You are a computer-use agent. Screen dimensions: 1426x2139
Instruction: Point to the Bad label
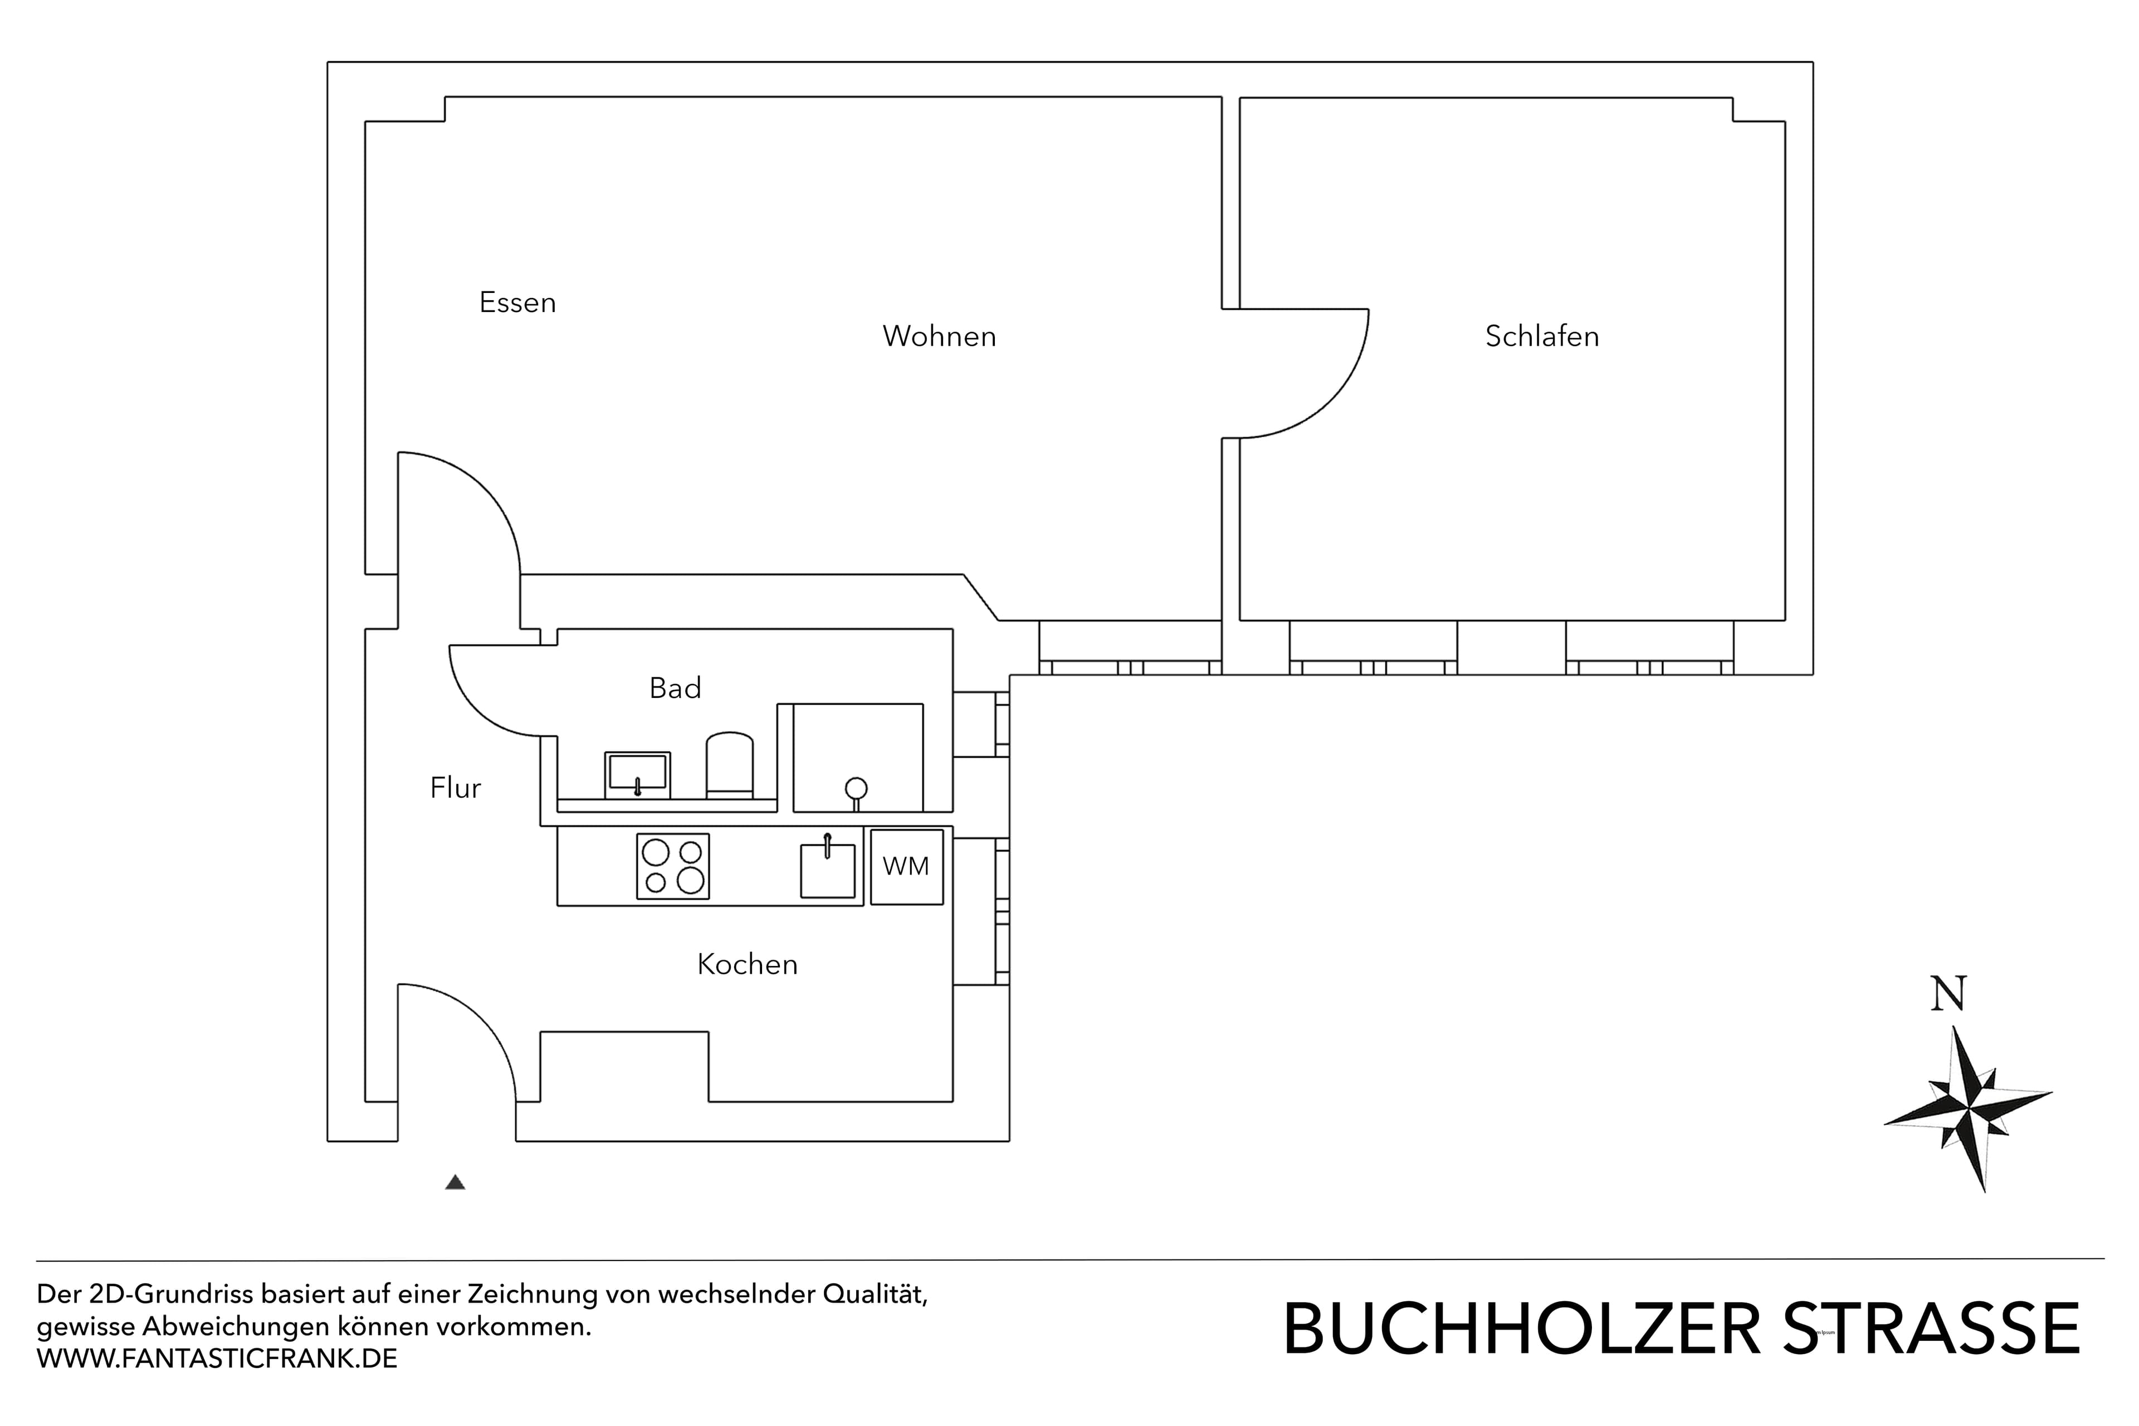pos(675,688)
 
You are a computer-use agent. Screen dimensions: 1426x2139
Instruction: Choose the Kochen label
pos(746,965)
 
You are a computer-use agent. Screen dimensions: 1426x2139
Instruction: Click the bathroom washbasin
pos(637,774)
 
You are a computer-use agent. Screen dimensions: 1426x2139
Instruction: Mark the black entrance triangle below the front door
pos(456,1183)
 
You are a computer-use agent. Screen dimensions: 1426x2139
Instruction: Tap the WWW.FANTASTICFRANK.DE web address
pos(217,1360)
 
